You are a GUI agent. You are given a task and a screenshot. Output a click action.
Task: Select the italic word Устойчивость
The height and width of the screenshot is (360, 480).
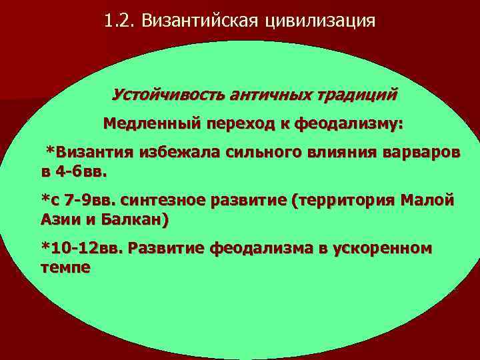point(168,94)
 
